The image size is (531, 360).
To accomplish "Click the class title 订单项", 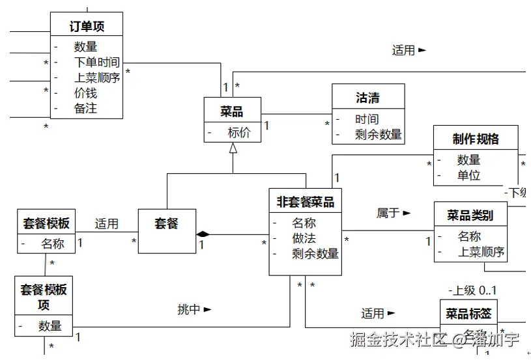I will [87, 26].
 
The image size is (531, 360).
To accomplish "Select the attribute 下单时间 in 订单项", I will [96, 62].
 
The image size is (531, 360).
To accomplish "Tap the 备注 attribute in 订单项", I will [85, 109].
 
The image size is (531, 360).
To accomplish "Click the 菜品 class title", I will [232, 112].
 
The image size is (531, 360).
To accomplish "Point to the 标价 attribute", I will [239, 133].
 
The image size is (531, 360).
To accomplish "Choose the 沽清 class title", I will [367, 98].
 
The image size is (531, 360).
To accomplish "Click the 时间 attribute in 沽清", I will [367, 119].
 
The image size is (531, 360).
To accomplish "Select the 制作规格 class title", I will [476, 139].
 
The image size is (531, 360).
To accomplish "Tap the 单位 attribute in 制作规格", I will [468, 175].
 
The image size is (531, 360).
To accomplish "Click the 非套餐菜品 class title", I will [305, 202].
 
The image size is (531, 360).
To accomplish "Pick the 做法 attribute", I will [304, 238].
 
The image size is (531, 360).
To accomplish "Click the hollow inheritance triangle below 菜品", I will [233, 148].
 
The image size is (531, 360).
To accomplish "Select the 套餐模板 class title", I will [44, 223].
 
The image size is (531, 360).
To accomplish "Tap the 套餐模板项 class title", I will [44, 296].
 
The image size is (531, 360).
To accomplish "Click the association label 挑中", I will [190, 310].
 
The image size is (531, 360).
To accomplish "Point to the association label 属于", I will [388, 213].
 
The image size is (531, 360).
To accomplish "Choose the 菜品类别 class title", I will [469, 215].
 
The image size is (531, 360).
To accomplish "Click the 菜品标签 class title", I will [468, 314].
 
